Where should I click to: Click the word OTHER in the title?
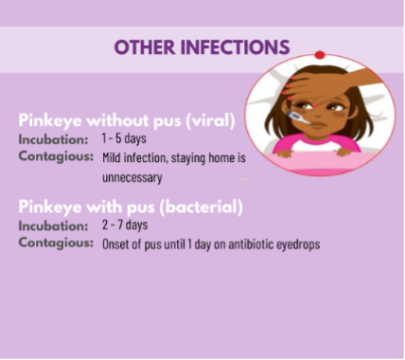click(x=145, y=47)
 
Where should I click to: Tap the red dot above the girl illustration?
click(x=320, y=55)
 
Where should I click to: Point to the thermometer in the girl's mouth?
click(x=297, y=117)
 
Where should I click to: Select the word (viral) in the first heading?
click(x=211, y=120)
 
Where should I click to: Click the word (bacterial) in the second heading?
click(x=202, y=207)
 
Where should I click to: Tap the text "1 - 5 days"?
click(x=124, y=138)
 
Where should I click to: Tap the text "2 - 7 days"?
click(x=125, y=225)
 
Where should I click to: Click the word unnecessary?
click(x=132, y=177)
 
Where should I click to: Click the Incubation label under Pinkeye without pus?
click(x=53, y=139)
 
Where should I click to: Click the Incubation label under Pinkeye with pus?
click(x=53, y=225)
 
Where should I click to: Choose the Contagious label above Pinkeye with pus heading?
click(x=56, y=156)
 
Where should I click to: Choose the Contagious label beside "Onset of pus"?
click(x=56, y=243)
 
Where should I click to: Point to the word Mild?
click(x=112, y=157)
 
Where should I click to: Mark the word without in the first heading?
click(x=117, y=120)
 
